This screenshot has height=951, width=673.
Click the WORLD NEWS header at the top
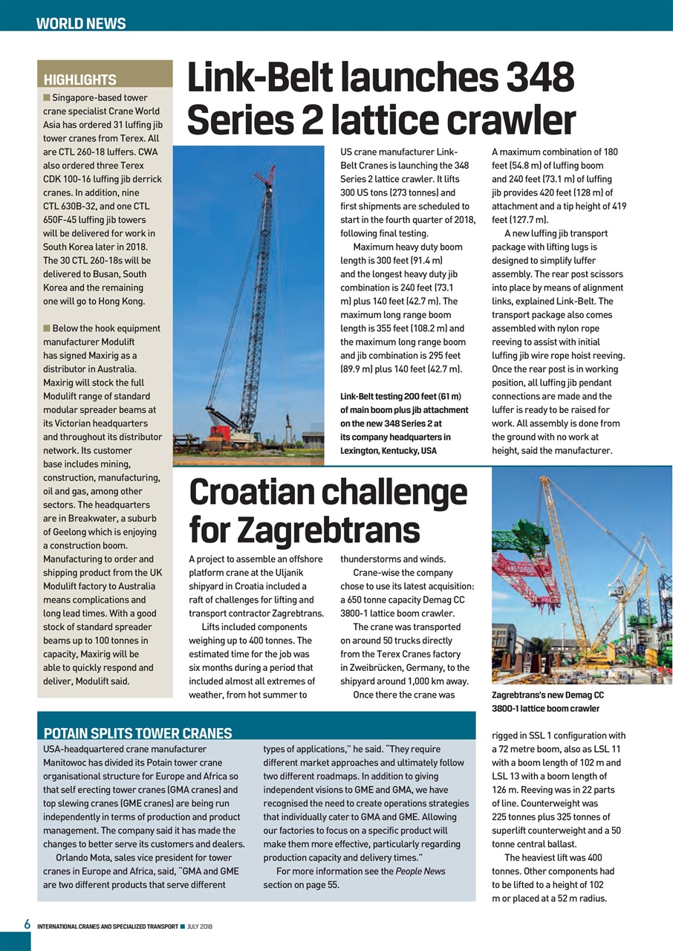click(x=81, y=23)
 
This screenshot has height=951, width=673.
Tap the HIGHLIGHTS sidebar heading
click(x=80, y=79)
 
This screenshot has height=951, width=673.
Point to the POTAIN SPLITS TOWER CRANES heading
click(x=137, y=733)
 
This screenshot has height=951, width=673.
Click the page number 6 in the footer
click(x=26, y=925)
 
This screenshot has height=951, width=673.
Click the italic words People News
click(x=420, y=871)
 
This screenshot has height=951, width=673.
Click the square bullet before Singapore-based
click(x=47, y=97)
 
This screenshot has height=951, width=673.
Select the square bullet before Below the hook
click(x=47, y=328)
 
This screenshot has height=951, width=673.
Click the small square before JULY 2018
click(x=183, y=926)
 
